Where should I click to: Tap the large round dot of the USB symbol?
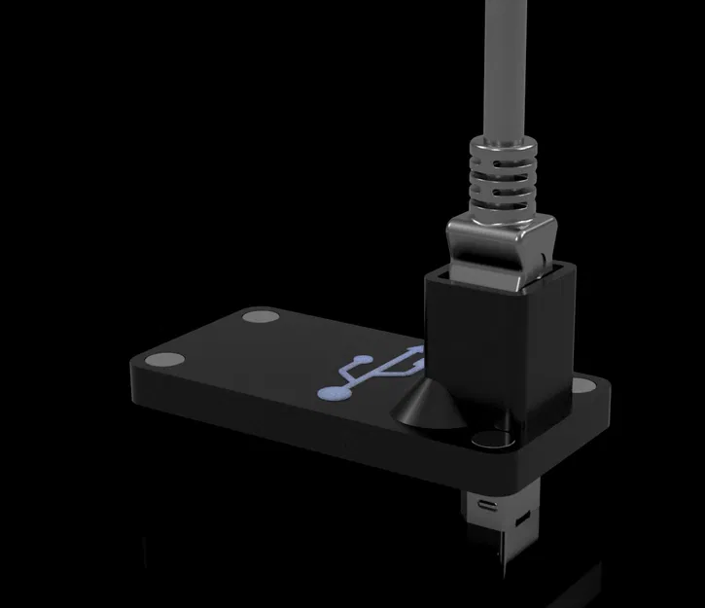click(333, 392)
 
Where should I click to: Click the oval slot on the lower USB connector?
click(486, 506)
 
